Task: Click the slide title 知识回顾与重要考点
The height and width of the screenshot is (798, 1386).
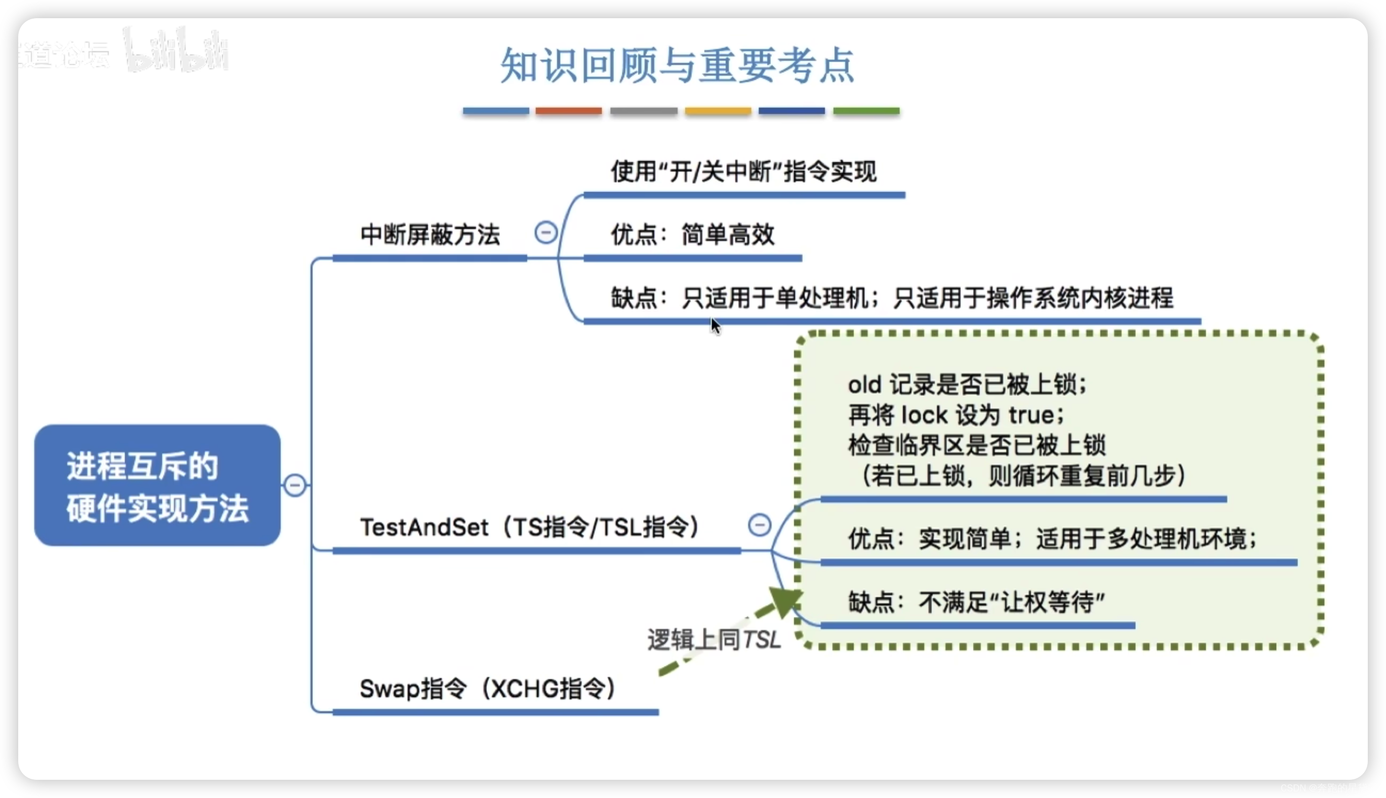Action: [x=677, y=66]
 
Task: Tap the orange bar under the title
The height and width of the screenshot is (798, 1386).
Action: [x=568, y=111]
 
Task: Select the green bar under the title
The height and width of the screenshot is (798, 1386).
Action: [x=866, y=111]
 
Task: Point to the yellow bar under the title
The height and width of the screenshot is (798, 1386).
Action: [x=717, y=111]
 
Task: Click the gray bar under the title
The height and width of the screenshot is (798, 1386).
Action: [x=643, y=111]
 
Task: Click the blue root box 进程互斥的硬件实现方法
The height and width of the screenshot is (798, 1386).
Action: [x=157, y=485]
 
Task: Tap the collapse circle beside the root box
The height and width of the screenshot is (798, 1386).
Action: [x=295, y=485]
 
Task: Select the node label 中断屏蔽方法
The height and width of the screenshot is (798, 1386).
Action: [x=430, y=235]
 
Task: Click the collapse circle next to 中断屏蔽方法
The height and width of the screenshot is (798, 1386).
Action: [x=546, y=233]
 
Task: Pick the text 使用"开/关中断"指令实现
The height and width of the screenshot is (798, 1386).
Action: [x=743, y=172]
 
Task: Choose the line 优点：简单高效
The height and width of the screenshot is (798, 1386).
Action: [x=692, y=235]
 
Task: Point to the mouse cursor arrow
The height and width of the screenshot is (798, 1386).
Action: [x=715, y=325]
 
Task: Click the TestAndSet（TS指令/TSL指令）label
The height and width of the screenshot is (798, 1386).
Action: [x=529, y=527]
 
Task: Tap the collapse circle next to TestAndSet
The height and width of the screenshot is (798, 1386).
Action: [x=760, y=525]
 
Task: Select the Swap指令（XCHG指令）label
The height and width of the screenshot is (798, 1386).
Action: [x=487, y=689]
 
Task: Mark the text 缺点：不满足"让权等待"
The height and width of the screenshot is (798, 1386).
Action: [x=976, y=602]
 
